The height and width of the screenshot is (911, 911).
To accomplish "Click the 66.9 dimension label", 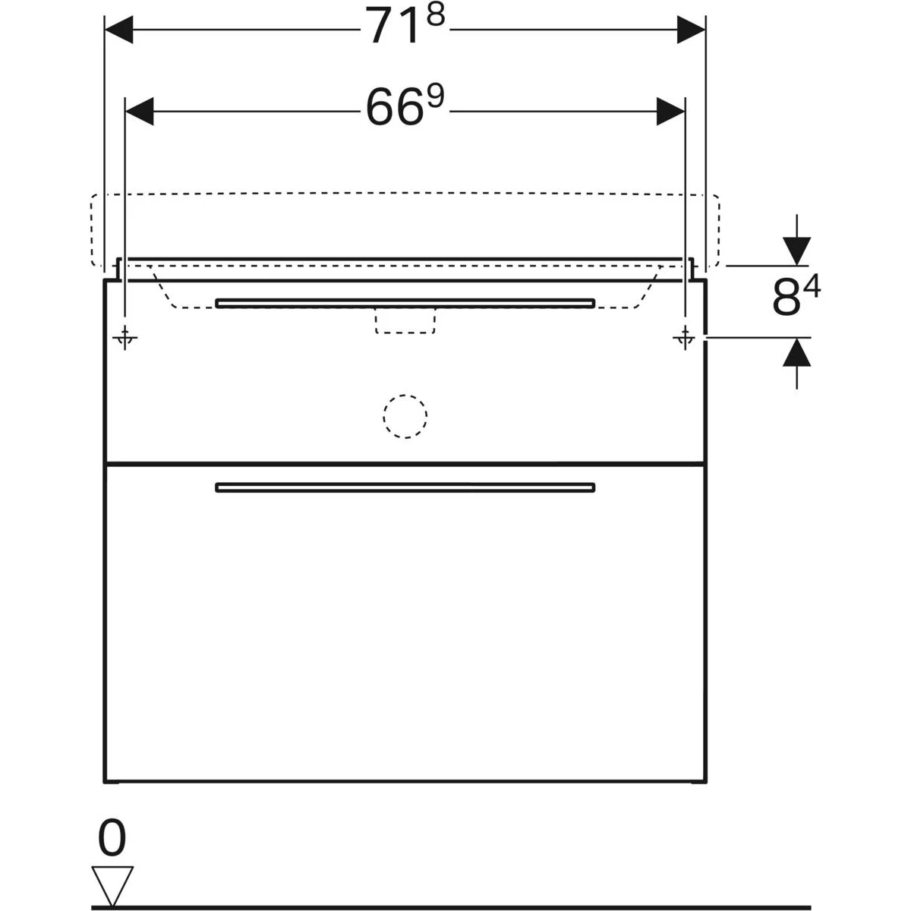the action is tap(405, 106).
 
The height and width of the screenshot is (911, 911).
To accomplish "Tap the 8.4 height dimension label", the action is tap(796, 297).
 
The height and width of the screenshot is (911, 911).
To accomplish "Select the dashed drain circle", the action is tap(405, 416).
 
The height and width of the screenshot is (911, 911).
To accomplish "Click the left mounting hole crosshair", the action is tap(125, 338).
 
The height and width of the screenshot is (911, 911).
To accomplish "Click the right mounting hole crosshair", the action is tap(685, 338).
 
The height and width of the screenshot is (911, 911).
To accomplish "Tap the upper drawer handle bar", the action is tap(405, 303).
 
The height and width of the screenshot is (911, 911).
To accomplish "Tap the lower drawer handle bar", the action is tap(405, 487).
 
